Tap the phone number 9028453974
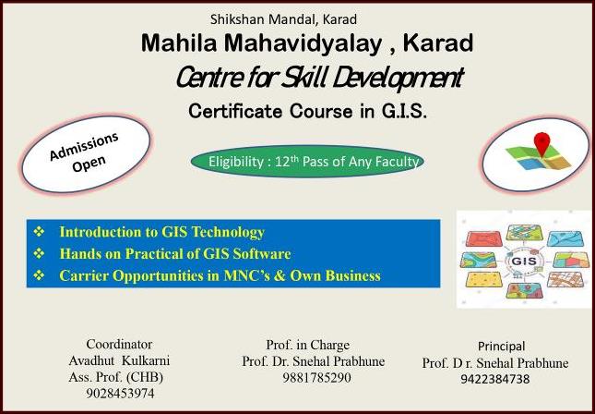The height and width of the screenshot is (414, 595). [120, 394]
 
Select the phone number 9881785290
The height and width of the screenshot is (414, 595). [316, 378]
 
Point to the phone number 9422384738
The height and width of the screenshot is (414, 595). [495, 379]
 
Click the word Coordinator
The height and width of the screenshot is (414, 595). [119, 344]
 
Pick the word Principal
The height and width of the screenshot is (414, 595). [501, 347]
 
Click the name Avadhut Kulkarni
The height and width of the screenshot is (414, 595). [119, 360]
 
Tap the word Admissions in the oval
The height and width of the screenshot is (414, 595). [84, 146]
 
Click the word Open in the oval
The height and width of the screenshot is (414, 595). [89, 164]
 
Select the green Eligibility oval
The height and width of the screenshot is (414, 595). [307, 161]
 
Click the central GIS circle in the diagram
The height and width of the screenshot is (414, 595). [524, 262]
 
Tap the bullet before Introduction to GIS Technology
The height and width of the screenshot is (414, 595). [39, 232]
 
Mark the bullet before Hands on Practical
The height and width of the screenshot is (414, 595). [39, 253]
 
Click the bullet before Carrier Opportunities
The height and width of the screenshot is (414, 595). [39, 274]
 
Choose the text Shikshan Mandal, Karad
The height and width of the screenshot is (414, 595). [283, 19]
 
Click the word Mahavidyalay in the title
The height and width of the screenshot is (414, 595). [303, 43]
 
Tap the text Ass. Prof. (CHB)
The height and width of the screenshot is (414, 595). [116, 377]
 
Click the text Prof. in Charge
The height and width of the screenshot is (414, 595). [308, 345]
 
